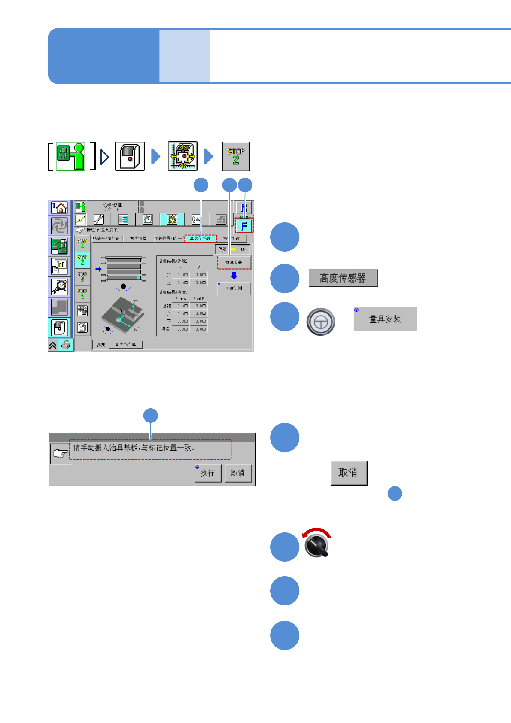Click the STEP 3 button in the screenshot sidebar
pyautogui.click(x=82, y=277)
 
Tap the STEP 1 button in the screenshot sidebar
pyautogui.click(x=82, y=243)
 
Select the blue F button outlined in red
pyautogui.click(x=244, y=226)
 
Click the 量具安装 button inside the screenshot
pyautogui.click(x=234, y=262)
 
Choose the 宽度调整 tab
pyautogui.click(x=138, y=238)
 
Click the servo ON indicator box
pyautogui.click(x=243, y=249)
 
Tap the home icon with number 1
pyautogui.click(x=59, y=208)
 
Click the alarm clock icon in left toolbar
pyautogui.click(x=59, y=286)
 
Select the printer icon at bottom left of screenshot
pyautogui.click(x=66, y=345)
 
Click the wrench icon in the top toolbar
pyautogui.click(x=99, y=219)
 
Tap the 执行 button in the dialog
pyautogui.click(x=208, y=473)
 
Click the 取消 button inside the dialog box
pyautogui.click(x=238, y=473)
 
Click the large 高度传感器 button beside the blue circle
pyautogui.click(x=343, y=278)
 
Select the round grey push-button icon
pyautogui.click(x=320, y=322)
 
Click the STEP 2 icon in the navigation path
pyautogui.click(x=236, y=157)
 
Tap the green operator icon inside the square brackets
pyautogui.click(x=71, y=157)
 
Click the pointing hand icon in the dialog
pyautogui.click(x=60, y=454)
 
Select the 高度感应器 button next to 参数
pyautogui.click(x=125, y=345)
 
